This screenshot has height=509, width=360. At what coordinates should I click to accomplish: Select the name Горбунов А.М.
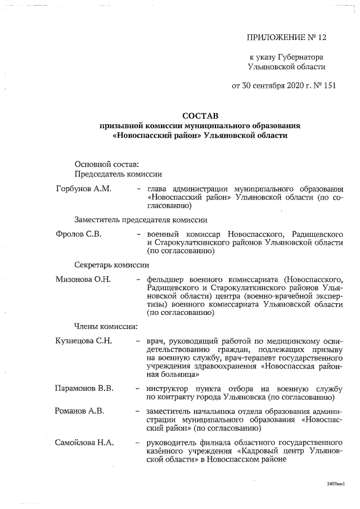pyautogui.click(x=83, y=188)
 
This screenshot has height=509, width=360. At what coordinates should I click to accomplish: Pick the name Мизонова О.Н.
pyautogui.click(x=83, y=278)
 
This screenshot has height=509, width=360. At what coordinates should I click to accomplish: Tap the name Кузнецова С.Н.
pyautogui.click(x=84, y=341)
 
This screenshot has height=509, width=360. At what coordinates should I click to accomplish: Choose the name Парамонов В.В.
pyautogui.click(x=84, y=388)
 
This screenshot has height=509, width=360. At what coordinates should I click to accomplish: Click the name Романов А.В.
pyautogui.click(x=79, y=411)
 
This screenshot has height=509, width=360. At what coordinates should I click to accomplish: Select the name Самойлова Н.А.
pyautogui.click(x=84, y=443)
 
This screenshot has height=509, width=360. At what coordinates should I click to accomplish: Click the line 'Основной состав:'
pyautogui.click(x=105, y=164)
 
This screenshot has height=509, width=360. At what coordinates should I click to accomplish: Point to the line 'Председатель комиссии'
pyautogui.click(x=118, y=175)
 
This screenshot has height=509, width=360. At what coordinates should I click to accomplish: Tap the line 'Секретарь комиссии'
pyautogui.click(x=111, y=265)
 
